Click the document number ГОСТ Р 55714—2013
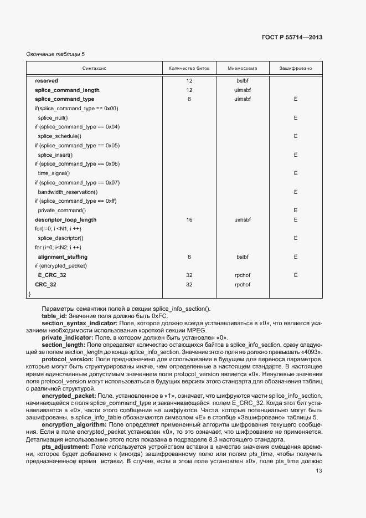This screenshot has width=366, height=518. coord(292,38)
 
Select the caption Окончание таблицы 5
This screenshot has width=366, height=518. coord(55,54)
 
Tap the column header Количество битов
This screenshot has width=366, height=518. coord(189,69)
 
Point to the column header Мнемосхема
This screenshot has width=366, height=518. coord(243,69)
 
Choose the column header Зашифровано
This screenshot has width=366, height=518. coord(296,69)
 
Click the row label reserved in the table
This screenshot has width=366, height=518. coord(46,80)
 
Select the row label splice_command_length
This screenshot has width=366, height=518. coord(67,90)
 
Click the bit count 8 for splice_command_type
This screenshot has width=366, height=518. coord(189,99)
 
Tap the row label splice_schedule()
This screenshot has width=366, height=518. coord(59,136)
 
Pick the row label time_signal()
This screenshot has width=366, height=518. coord(54,173)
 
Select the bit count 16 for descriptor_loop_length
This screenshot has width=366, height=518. coord(189,220)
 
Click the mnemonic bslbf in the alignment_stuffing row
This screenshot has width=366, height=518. coord(243,257)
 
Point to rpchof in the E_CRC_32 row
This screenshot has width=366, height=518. coord(243,275)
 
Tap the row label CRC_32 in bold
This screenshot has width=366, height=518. coord(45,285)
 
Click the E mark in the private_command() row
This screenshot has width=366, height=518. coord(296,211)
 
